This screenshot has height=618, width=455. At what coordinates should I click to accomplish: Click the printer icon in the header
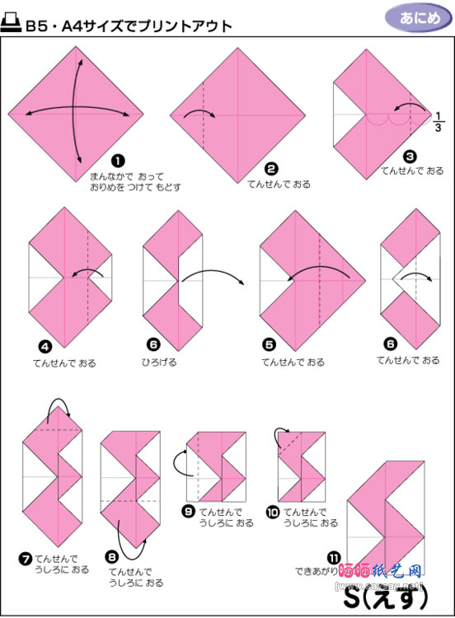12,25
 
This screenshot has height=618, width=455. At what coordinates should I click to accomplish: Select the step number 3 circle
410,155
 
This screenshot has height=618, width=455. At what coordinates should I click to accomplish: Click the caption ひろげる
159,361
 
